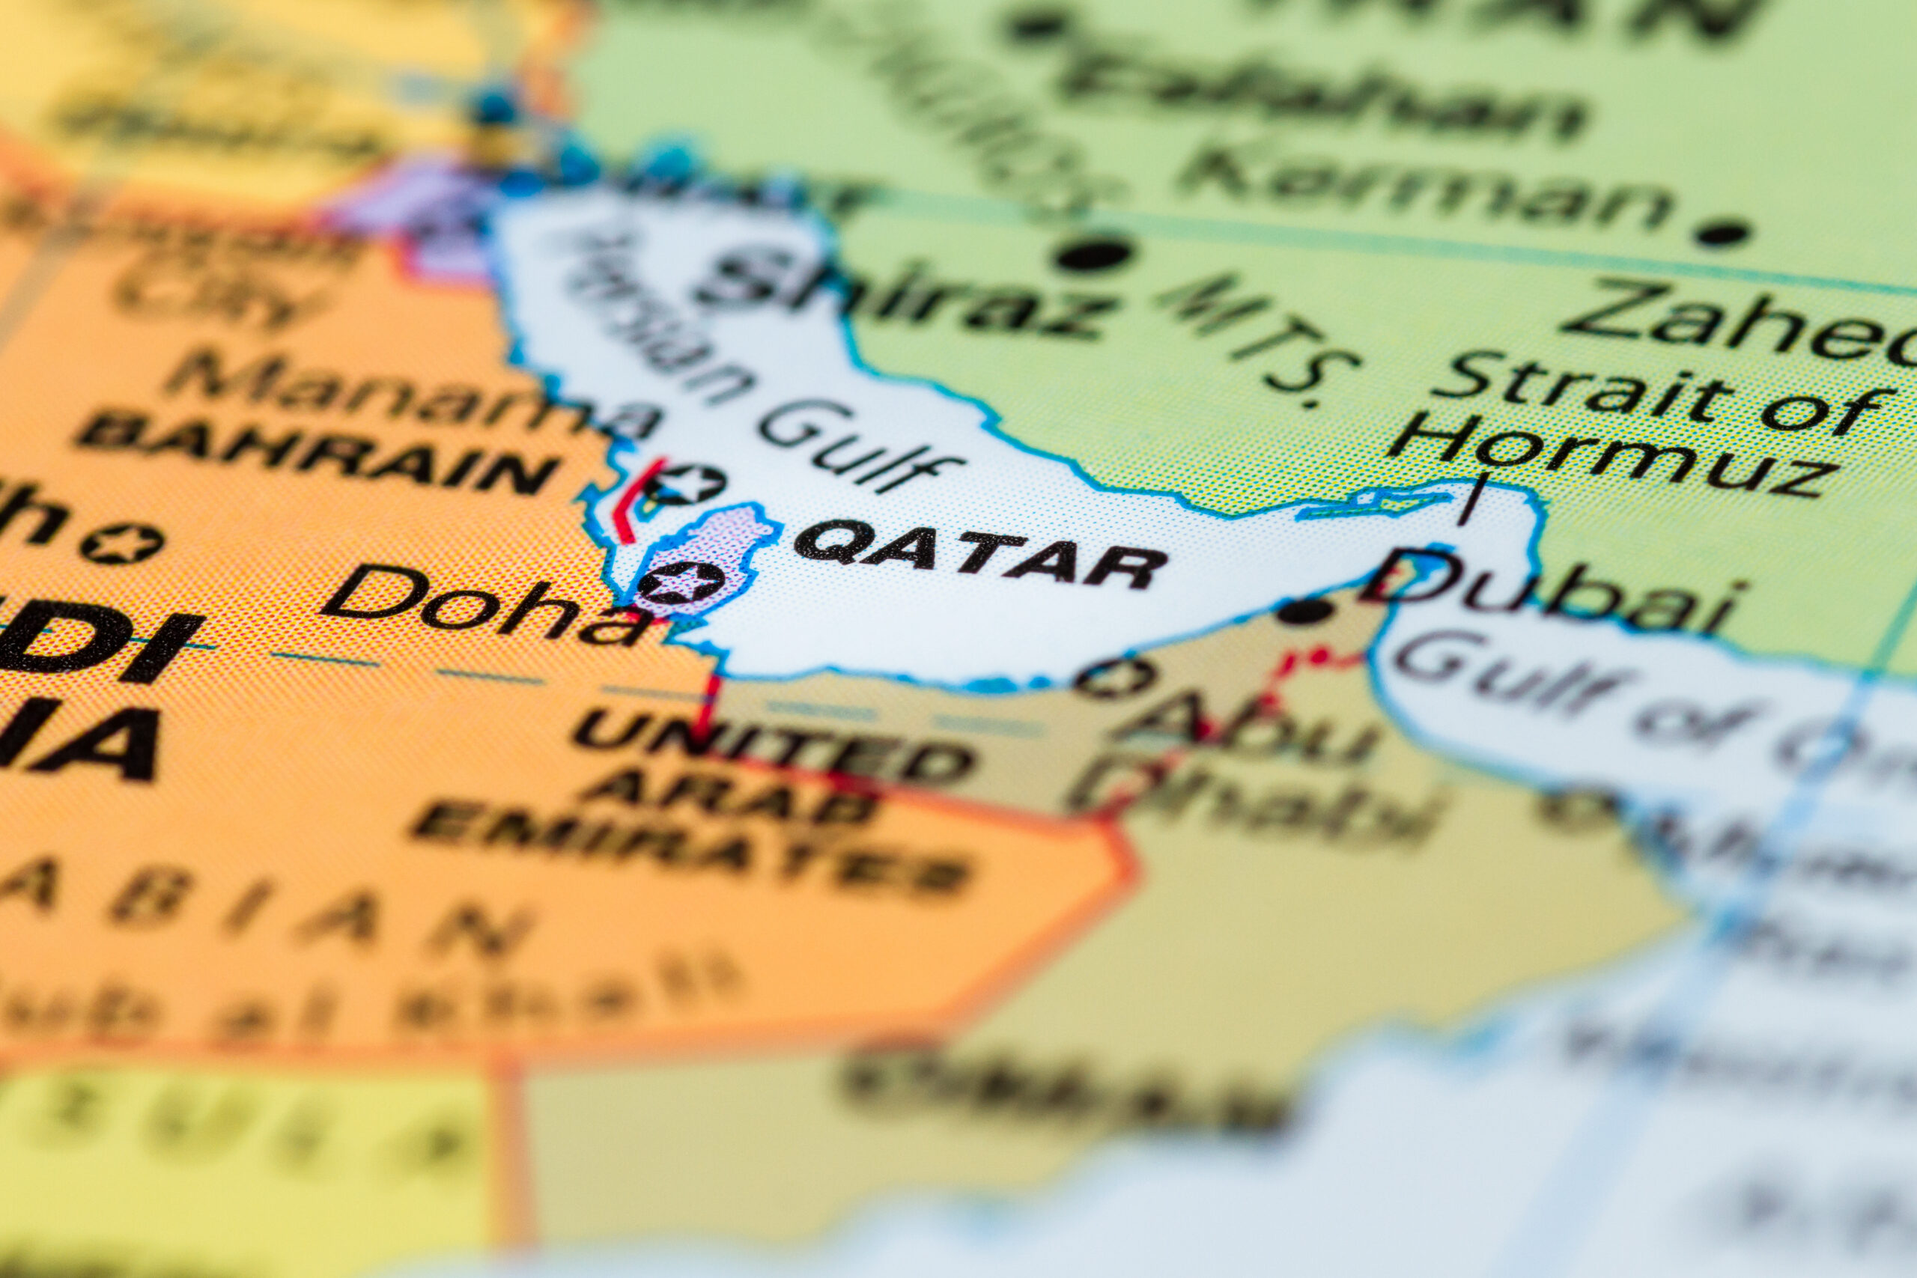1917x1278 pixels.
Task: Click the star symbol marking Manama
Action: click(684, 485)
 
